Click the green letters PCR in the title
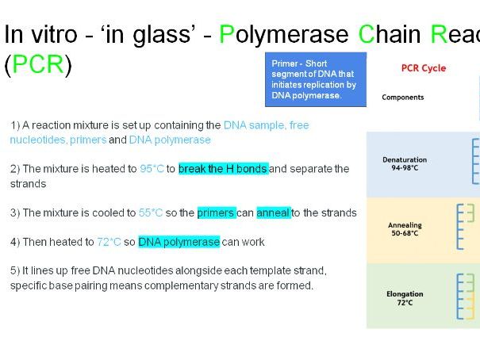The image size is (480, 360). [37, 64]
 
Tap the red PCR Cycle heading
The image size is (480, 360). [424, 68]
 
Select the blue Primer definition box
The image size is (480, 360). [315, 79]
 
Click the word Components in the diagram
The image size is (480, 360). [403, 98]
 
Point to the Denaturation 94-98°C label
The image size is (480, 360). [405, 163]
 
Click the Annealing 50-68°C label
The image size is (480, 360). [405, 229]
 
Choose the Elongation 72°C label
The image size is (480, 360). [405, 297]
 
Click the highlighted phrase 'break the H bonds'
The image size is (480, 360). [223, 169]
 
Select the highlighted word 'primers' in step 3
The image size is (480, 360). [216, 213]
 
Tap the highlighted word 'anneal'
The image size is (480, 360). [273, 213]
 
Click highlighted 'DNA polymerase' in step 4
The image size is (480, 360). [179, 242]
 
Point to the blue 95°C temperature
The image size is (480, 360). [151, 169]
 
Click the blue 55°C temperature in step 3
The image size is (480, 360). [150, 213]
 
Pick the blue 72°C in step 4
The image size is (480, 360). [109, 242]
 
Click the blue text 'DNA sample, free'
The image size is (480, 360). [267, 125]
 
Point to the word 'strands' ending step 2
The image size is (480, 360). [28, 183]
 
